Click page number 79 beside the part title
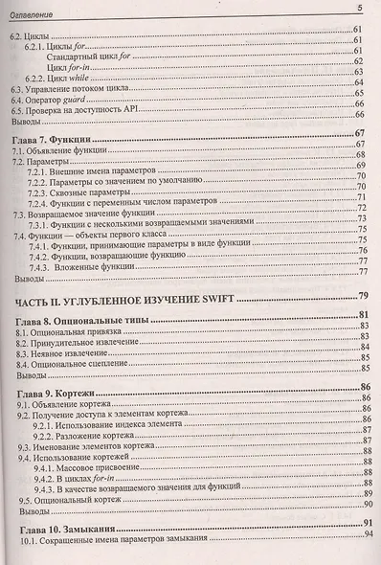pos(363,296)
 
